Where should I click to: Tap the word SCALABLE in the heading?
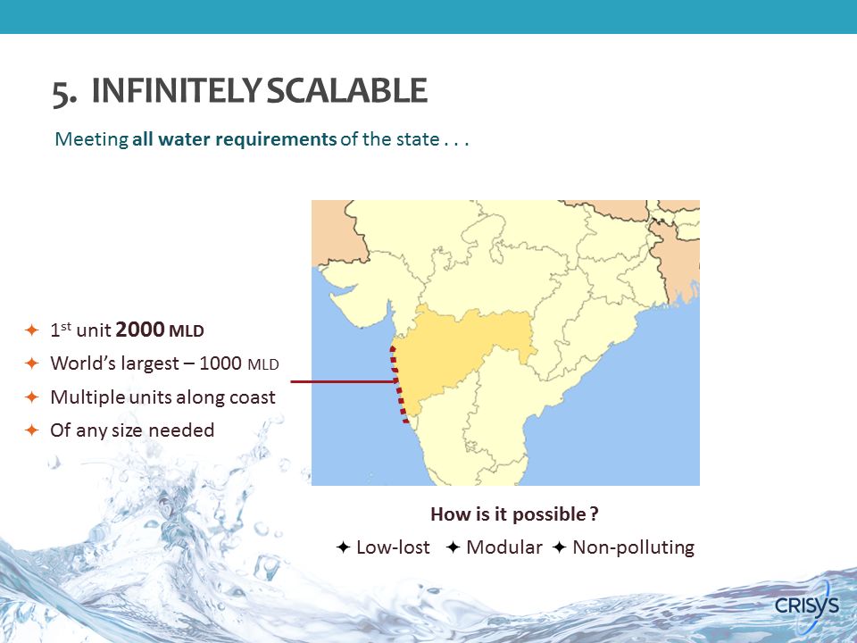[347, 91]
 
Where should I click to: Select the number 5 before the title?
[62, 93]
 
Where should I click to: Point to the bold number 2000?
[140, 330]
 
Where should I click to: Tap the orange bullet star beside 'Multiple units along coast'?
[32, 397]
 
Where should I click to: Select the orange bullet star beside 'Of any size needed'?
[32, 430]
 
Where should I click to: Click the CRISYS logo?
[807, 605]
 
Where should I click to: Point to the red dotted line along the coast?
[398, 384]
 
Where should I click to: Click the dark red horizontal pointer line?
[344, 381]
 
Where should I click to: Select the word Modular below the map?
[503, 547]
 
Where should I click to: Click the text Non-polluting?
[634, 547]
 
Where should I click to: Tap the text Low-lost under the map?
[393, 547]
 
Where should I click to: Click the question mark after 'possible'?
[595, 514]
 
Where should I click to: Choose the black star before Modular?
[453, 547]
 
